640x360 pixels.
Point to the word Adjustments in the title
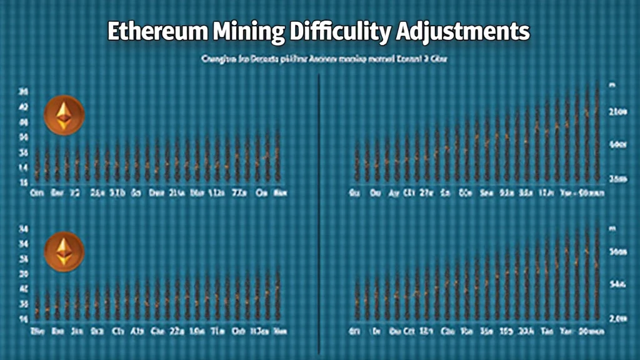point(462,32)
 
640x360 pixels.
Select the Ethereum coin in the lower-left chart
point(64,251)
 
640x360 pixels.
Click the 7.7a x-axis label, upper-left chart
point(237,193)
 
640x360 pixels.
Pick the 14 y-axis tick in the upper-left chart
point(24,167)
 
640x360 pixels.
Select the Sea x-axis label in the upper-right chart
point(487,193)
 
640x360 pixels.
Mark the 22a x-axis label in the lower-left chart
point(176,331)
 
